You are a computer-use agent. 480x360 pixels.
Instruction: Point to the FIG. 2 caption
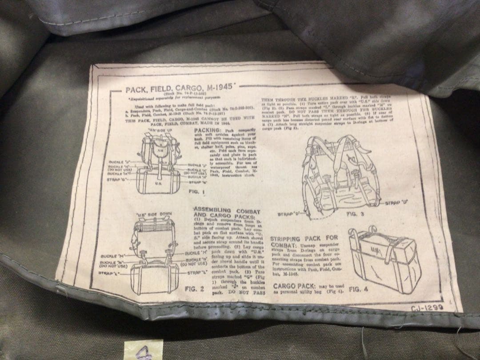pyautogui.click(x=194, y=288)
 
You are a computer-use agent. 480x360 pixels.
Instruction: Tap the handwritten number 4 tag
pyautogui.click(x=142, y=350)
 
